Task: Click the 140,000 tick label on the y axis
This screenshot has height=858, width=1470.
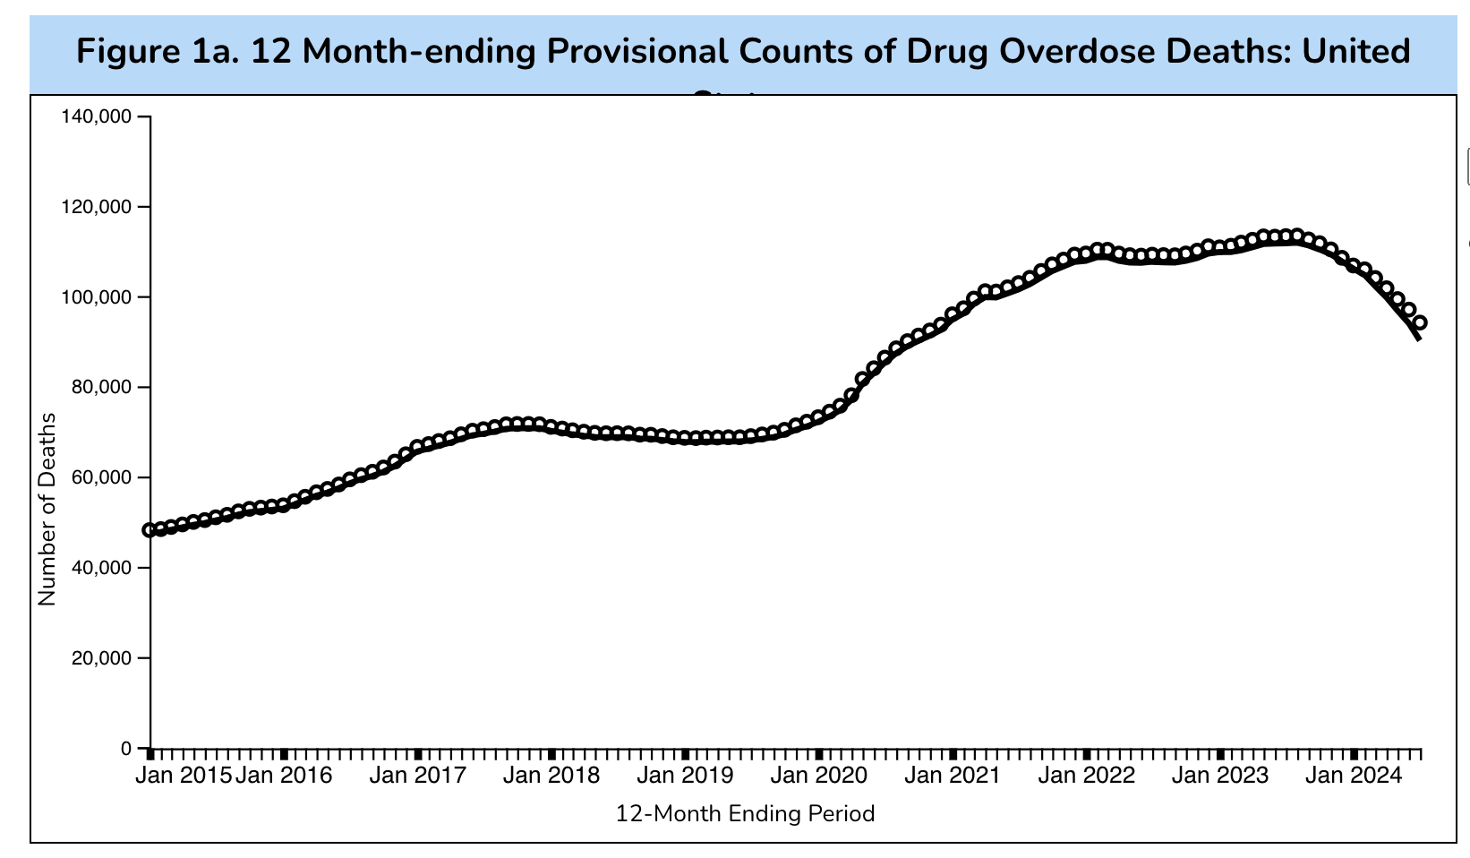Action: (93, 116)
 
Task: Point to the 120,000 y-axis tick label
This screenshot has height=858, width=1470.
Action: (93, 207)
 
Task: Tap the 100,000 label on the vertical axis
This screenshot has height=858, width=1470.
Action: (93, 297)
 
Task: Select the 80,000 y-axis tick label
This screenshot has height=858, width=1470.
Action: (98, 388)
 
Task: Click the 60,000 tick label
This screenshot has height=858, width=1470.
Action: (98, 477)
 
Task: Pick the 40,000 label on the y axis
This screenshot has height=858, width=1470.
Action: (98, 568)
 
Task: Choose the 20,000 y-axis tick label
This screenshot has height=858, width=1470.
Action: (98, 658)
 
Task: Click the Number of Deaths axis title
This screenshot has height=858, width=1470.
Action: (47, 510)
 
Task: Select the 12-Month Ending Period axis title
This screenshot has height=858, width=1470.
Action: (745, 814)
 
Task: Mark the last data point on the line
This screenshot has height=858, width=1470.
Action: (1420, 322)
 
